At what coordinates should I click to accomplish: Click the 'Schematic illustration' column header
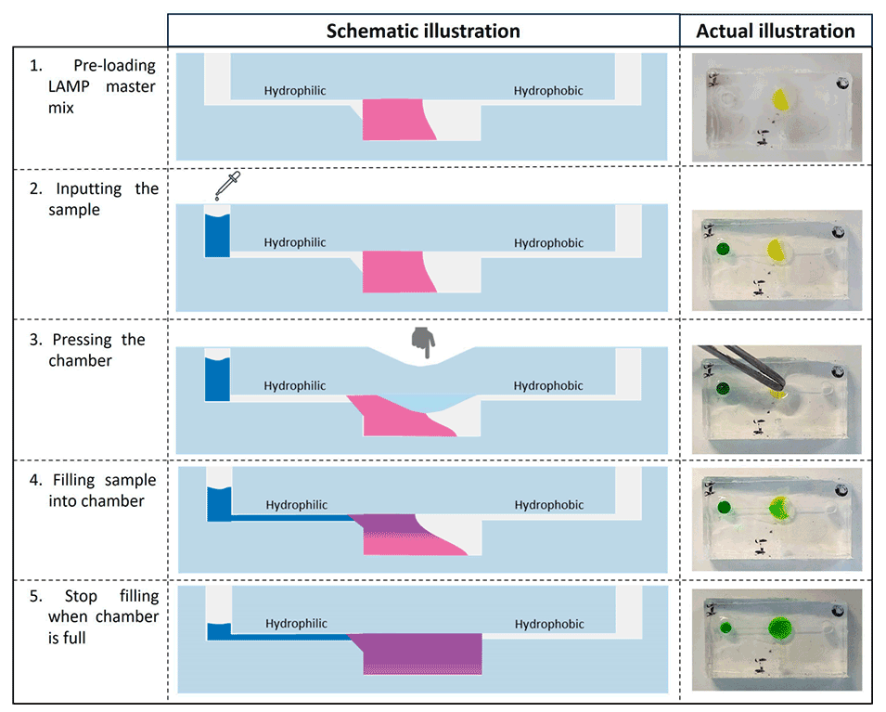click(423, 31)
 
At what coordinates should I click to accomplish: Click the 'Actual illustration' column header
click(776, 31)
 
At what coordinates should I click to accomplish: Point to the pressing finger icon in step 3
click(424, 342)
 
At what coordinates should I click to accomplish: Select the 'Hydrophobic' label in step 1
click(548, 91)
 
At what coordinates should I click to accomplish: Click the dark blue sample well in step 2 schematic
click(217, 236)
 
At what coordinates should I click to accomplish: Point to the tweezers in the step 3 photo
click(742, 366)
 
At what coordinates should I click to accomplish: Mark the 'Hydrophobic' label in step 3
click(548, 386)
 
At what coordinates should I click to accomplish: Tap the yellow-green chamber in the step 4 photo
click(779, 507)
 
